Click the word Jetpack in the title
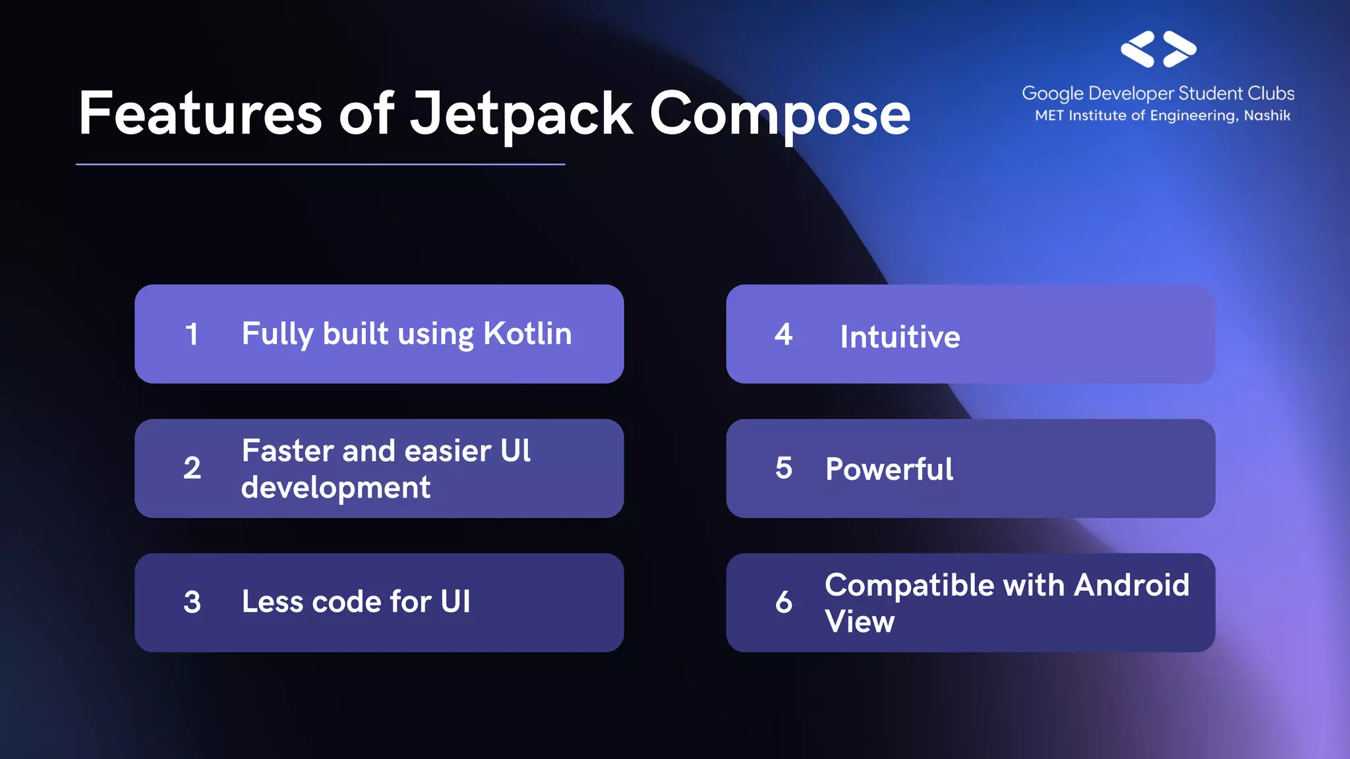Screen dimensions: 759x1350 tap(521, 113)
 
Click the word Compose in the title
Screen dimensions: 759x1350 tap(779, 113)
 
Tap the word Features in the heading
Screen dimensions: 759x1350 tap(200, 113)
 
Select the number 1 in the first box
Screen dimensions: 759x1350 tap(192, 334)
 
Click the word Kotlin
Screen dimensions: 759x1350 tap(527, 333)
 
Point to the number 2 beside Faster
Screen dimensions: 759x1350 tap(192, 468)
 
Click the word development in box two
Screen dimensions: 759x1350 tap(336, 488)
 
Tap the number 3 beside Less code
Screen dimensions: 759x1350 tap(192, 602)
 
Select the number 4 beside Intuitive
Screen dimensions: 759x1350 tap(783, 335)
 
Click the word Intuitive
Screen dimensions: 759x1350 tap(900, 337)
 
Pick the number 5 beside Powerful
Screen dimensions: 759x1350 tap(783, 468)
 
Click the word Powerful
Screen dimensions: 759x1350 tap(889, 470)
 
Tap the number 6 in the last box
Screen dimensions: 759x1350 tap(783, 602)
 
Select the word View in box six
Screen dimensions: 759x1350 tap(860, 621)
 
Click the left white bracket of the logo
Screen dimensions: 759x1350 tap(1138, 49)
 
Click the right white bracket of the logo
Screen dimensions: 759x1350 tap(1179, 49)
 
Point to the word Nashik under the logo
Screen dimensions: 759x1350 tap(1266, 116)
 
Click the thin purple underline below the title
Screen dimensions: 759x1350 tap(320, 164)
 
